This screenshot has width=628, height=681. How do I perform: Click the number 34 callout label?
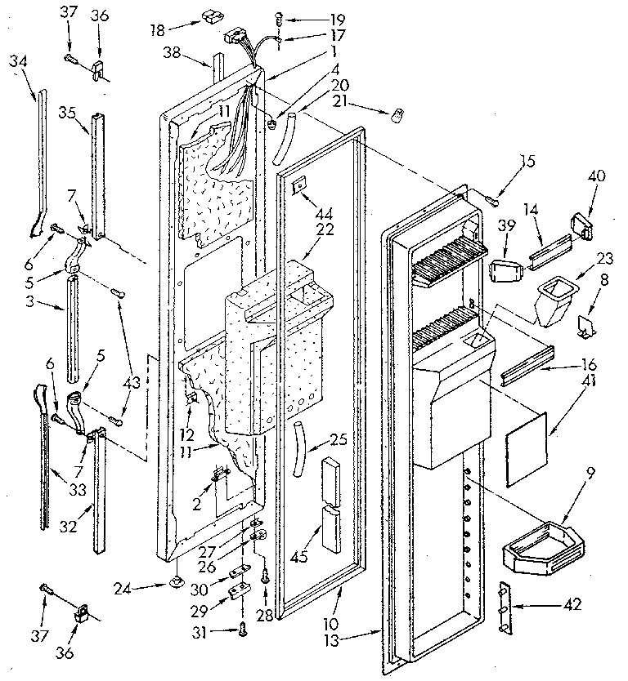[20, 61]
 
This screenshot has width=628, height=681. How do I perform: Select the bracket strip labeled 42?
[507, 606]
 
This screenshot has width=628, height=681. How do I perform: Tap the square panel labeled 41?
[525, 444]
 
